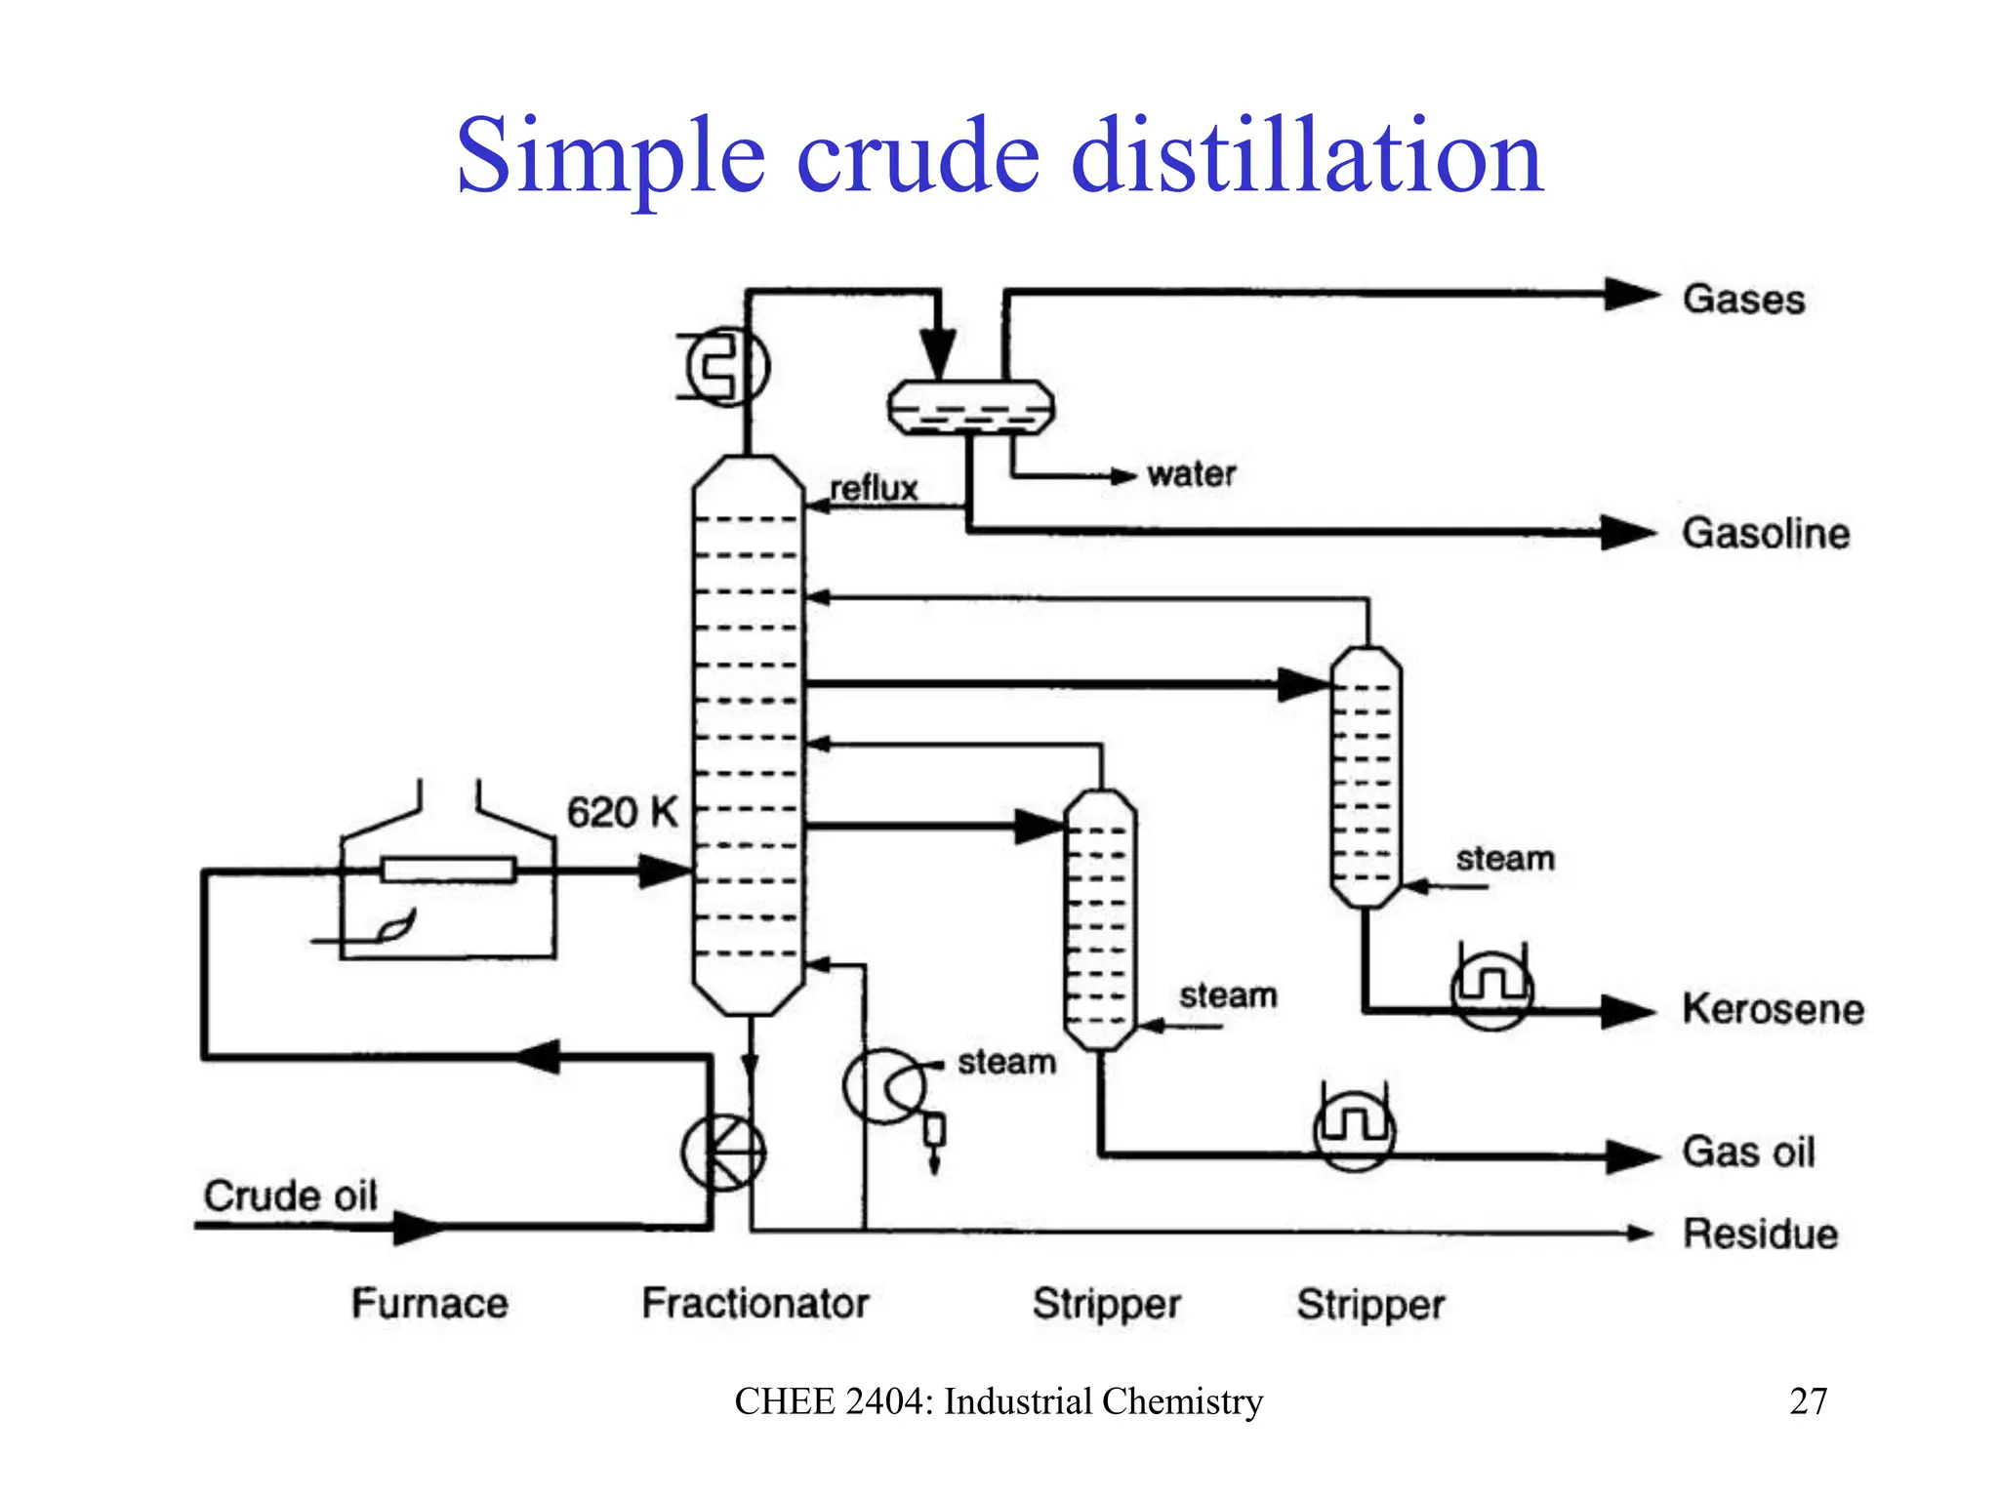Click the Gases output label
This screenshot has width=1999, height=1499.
[x=1743, y=299]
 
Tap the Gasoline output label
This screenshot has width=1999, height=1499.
[x=1765, y=533]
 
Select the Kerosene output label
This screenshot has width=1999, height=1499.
[x=1773, y=1008]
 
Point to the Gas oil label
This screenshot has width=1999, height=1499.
[x=1748, y=1152]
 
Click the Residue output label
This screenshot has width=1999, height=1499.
[x=1760, y=1234]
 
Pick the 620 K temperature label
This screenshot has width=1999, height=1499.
[x=622, y=812]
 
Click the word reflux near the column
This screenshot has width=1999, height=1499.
[x=874, y=488]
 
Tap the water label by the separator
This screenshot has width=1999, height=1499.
[x=1191, y=474]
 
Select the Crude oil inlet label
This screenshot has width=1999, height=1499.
[x=290, y=1195]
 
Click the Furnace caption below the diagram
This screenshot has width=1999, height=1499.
[x=429, y=1303]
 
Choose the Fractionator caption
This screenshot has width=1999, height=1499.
[x=755, y=1303]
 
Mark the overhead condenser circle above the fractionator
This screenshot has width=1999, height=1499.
[x=728, y=367]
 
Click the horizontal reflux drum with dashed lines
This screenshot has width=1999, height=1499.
[x=970, y=407]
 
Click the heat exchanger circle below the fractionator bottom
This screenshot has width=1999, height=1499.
[x=723, y=1153]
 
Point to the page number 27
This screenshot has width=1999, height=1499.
[x=1808, y=1401]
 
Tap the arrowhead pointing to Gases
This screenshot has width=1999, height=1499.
[x=1631, y=294]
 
